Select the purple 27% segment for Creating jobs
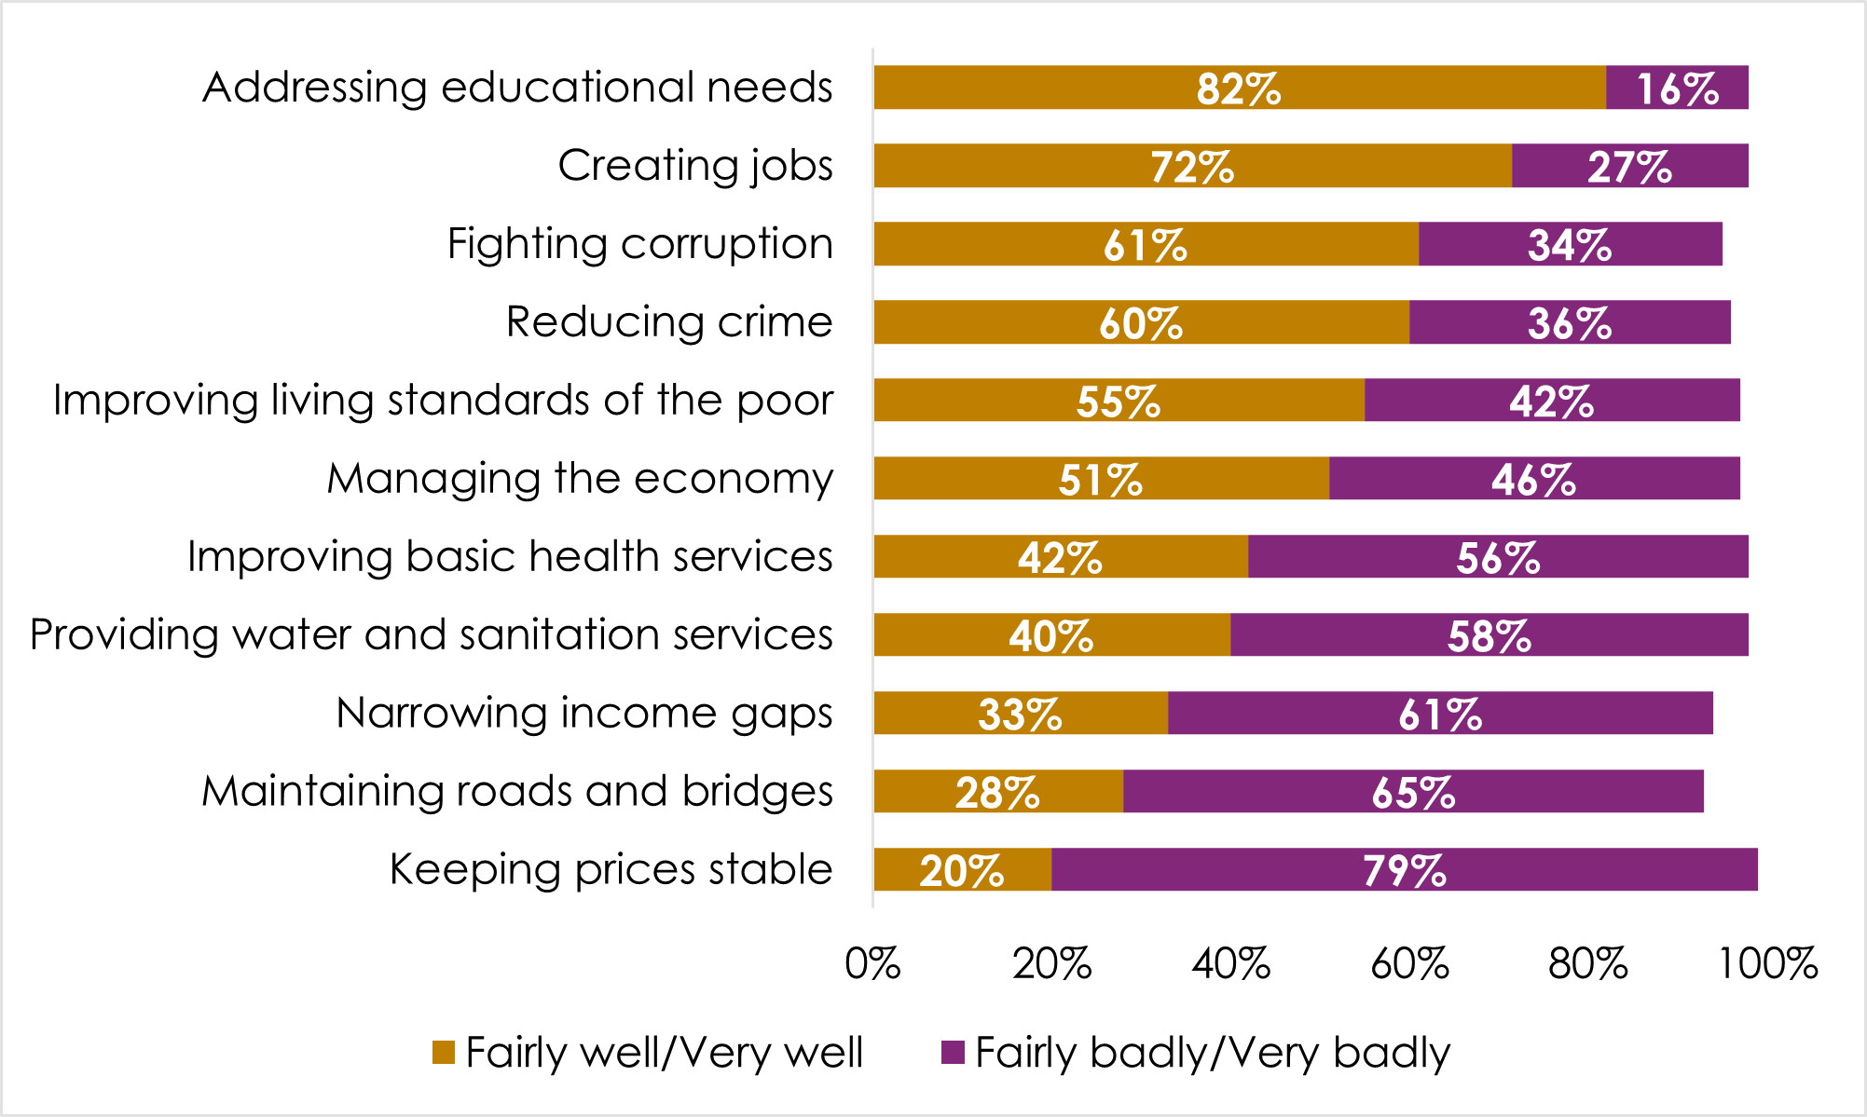(x=1629, y=167)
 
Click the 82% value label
(x=1239, y=89)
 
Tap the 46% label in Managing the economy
(x=1533, y=480)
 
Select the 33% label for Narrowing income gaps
(x=1020, y=715)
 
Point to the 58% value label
(x=1489, y=636)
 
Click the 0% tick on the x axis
(x=872, y=964)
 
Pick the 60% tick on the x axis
(x=1409, y=964)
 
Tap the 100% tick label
(x=1767, y=964)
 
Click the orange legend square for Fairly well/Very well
(x=444, y=1053)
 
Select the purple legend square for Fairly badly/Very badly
(x=953, y=1053)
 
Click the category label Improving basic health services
(x=510, y=557)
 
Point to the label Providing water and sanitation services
(x=431, y=635)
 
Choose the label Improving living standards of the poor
(x=443, y=401)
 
